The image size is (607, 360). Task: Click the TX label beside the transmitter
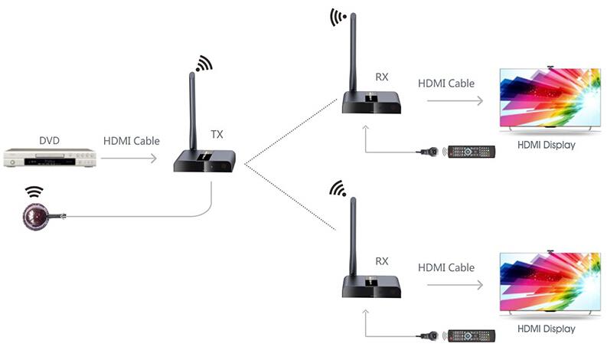point(217,133)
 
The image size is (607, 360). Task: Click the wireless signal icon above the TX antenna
point(204,63)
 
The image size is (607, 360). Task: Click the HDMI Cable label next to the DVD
point(131,141)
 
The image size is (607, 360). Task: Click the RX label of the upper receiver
point(382,77)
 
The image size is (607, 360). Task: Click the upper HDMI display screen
point(549,97)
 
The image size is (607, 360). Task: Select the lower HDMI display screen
point(549,281)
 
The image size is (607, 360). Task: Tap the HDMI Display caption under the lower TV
point(546,329)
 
